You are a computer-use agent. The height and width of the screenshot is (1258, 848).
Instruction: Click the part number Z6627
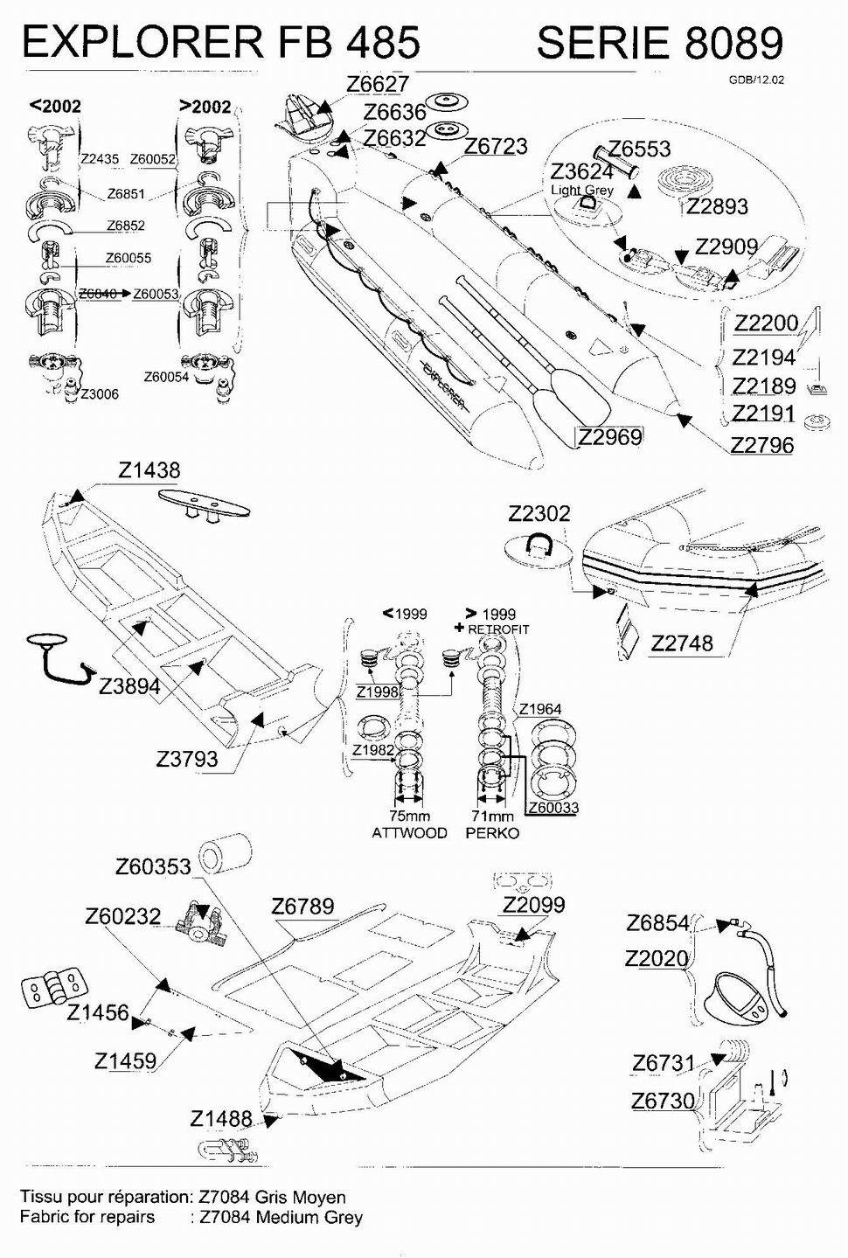[377, 84]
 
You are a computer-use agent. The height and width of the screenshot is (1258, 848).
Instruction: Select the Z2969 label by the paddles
[610, 436]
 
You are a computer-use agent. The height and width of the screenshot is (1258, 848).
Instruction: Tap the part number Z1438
[149, 470]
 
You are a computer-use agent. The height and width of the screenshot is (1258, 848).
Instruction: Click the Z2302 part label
[539, 513]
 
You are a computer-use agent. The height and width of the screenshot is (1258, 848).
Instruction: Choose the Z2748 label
[682, 643]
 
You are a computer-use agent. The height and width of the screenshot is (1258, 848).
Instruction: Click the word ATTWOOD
[409, 833]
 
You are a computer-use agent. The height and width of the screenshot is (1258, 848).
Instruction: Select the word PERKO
[492, 833]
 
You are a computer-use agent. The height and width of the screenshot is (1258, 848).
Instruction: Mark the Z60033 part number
[553, 807]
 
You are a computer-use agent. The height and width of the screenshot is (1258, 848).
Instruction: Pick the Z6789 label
[302, 906]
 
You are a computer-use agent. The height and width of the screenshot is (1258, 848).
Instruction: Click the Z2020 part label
[657, 959]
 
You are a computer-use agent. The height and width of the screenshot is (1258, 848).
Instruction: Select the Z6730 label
[664, 1101]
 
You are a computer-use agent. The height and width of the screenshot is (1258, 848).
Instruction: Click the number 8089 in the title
[733, 42]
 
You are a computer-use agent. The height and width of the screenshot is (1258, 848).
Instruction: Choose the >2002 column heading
[205, 107]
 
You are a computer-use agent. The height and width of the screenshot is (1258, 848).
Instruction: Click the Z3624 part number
[581, 171]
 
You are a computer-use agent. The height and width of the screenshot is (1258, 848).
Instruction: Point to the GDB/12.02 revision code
[756, 80]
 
